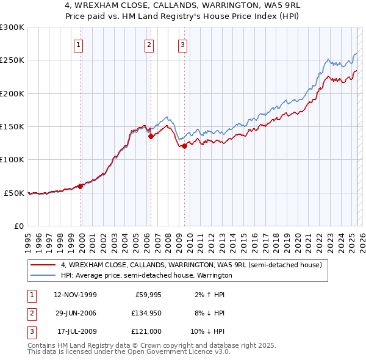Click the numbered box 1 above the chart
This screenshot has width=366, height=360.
tap(80, 44)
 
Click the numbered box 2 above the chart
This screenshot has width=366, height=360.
tap(149, 44)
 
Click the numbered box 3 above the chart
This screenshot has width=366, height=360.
tap(182, 44)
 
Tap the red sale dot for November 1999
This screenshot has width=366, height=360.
tap(80, 186)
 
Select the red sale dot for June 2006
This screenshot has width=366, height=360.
tap(151, 136)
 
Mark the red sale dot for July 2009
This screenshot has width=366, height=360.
tap(184, 145)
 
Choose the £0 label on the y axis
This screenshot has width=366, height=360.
tap(18, 226)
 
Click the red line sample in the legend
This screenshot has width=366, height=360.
tap(43, 265)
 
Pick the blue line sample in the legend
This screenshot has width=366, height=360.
tap(43, 275)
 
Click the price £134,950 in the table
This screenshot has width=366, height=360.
tap(145, 313)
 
